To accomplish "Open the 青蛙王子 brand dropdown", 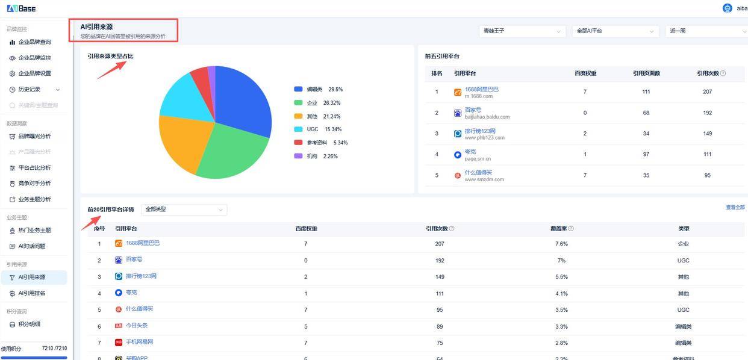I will (x=522, y=31).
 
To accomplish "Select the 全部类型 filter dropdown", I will (x=184, y=209).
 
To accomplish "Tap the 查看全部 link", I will (x=735, y=208).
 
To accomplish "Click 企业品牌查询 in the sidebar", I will (x=34, y=42).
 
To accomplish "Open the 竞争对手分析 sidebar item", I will (x=34, y=183).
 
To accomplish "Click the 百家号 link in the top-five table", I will (x=473, y=110).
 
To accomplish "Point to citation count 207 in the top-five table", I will (x=707, y=92).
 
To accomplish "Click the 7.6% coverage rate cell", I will (x=561, y=244).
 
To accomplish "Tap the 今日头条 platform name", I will (x=136, y=326).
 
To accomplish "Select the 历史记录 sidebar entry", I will (x=30, y=89).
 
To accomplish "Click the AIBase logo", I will (x=21, y=8).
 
